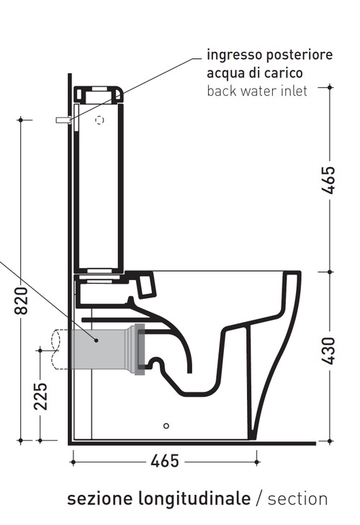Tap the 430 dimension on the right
pos(330,351)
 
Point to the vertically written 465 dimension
pos(330,181)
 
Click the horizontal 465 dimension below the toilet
pos(165,462)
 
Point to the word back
pos(222,91)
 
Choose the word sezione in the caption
pos(98,499)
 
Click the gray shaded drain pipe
pos(97,350)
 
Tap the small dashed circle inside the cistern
pos(100,120)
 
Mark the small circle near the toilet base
pos(167,425)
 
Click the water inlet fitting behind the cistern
pos(63,121)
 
